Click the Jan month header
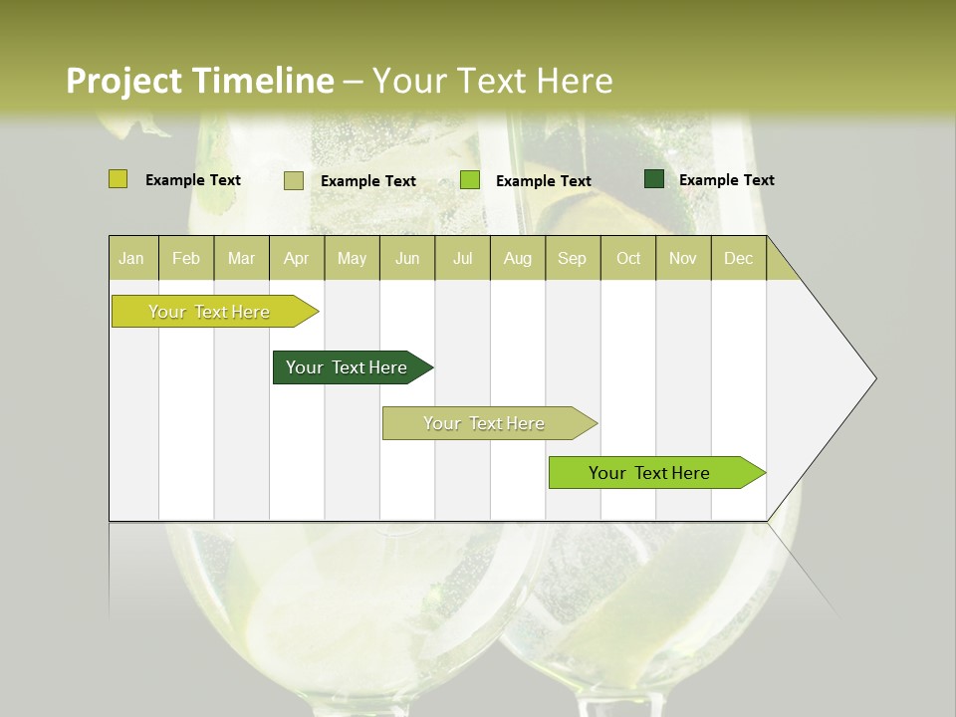(131, 258)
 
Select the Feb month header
(186, 258)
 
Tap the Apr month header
(296, 258)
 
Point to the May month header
(352, 258)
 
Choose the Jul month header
(462, 258)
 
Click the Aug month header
(517, 258)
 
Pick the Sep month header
(572, 258)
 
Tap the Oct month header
(628, 258)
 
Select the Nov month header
(683, 258)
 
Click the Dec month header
(738, 258)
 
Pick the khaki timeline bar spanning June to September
(485, 423)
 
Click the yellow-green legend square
(119, 179)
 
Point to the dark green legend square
(654, 179)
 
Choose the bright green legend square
(470, 180)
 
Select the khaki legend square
(294, 180)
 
